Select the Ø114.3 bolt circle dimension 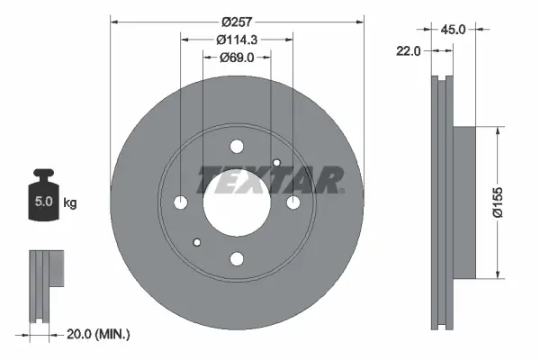tap(237, 39)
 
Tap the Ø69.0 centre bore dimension tap(237, 57)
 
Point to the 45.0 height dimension tap(455, 29)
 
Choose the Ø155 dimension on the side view tap(508, 202)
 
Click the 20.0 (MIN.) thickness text tap(99, 334)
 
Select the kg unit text tap(70, 202)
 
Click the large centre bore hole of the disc tap(237, 202)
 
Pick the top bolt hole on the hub tap(237, 147)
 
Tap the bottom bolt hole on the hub tap(237, 259)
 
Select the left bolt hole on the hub tap(180, 202)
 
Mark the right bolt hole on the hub tap(293, 202)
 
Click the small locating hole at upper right tap(277, 163)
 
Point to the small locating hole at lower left tap(196, 241)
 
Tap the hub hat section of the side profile tap(462, 202)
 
